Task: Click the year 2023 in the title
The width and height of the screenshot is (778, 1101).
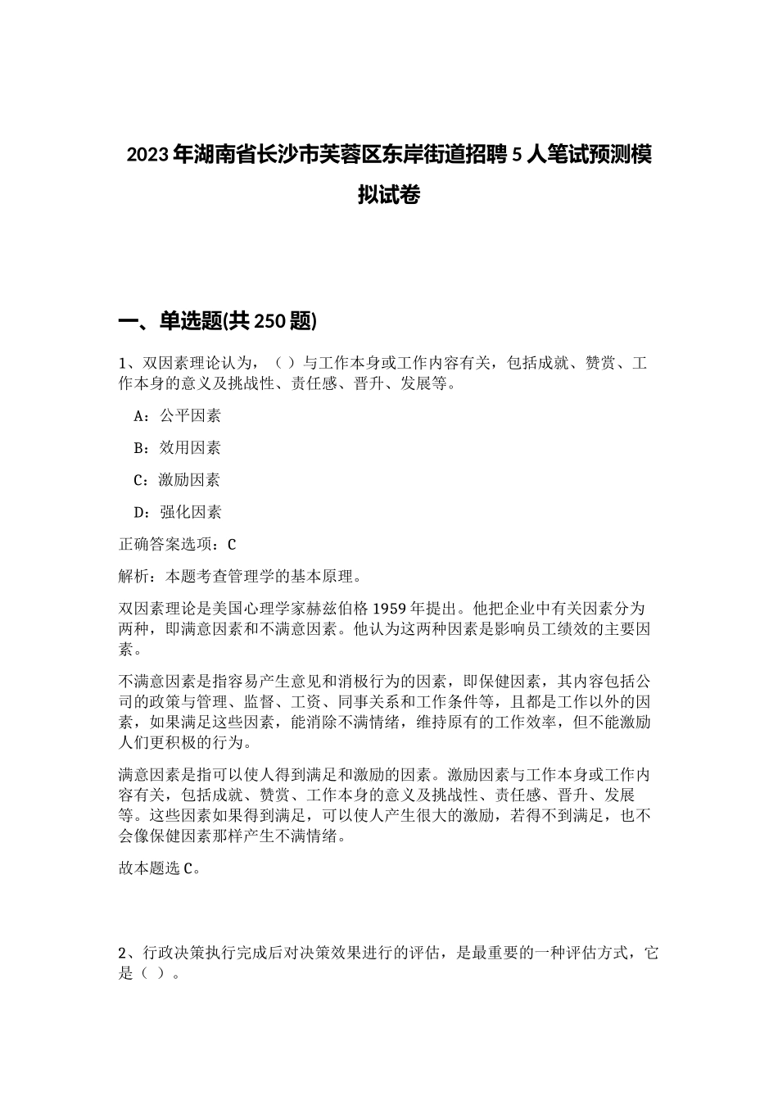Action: (x=147, y=155)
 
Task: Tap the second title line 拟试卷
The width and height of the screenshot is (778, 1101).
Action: (x=388, y=196)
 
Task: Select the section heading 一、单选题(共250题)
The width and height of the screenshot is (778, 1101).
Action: (x=218, y=322)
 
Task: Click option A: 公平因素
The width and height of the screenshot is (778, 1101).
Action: (x=177, y=416)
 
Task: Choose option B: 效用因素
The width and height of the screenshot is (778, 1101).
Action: (x=177, y=448)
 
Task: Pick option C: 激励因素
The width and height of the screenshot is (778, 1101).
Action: (x=177, y=480)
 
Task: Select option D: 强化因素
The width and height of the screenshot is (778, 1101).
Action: (x=177, y=513)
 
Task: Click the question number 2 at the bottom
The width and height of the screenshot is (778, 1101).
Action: (x=124, y=954)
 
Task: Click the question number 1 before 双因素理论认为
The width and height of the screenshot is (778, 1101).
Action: (x=124, y=364)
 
